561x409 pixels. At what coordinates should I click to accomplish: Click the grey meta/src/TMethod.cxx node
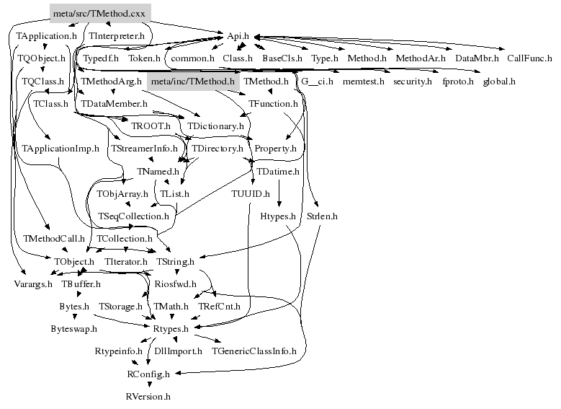pyautogui.click(x=99, y=13)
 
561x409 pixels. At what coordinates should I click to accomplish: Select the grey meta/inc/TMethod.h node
pyautogui.click(x=192, y=82)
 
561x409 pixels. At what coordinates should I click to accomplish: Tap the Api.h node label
pyautogui.click(x=238, y=35)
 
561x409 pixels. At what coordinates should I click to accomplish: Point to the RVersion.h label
pyautogui.click(x=148, y=396)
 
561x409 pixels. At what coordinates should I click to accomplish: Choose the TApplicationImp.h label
pyautogui.click(x=60, y=149)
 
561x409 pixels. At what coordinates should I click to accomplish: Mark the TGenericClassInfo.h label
pyautogui.click(x=253, y=351)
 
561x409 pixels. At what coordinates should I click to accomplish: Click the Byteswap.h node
pyautogui.click(x=73, y=328)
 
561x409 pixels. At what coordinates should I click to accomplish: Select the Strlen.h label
pyautogui.click(x=322, y=216)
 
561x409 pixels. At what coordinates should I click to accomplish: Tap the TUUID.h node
pyautogui.click(x=250, y=193)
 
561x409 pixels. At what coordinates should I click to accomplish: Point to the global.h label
pyautogui.click(x=499, y=82)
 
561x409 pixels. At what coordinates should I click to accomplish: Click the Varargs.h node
pyautogui.click(x=33, y=284)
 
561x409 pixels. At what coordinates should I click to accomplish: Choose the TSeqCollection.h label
pyautogui.click(x=133, y=216)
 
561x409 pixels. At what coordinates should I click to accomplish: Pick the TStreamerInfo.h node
pyautogui.click(x=144, y=149)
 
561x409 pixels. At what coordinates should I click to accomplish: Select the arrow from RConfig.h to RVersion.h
pyautogui.click(x=148, y=385)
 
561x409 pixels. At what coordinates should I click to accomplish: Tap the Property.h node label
pyautogui.click(x=275, y=149)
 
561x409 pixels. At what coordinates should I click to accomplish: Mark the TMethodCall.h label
pyautogui.click(x=54, y=238)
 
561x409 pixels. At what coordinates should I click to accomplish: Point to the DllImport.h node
pyautogui.click(x=177, y=351)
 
